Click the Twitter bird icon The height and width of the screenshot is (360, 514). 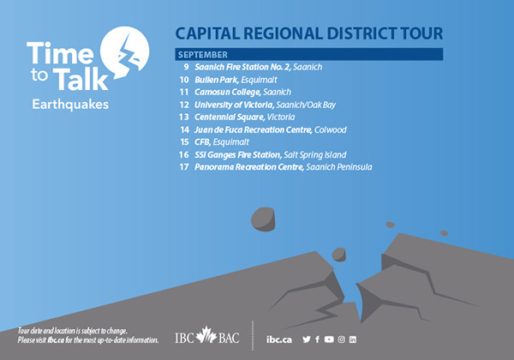point(307,339)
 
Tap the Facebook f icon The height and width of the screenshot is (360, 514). point(317,339)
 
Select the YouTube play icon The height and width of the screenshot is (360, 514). point(329,339)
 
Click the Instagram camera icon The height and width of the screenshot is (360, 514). point(342,339)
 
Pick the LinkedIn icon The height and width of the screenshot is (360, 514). point(353,339)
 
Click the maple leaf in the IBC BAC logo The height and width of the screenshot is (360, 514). point(206,335)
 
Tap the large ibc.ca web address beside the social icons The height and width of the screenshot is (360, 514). point(279,339)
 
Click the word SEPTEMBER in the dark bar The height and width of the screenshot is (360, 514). point(203,55)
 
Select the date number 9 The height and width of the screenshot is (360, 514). point(186,67)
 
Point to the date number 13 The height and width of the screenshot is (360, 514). point(184,117)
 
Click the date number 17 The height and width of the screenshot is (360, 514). point(184,167)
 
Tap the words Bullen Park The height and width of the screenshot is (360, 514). point(216,80)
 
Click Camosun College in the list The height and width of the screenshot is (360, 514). point(227,92)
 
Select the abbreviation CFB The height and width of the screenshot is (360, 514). point(202,142)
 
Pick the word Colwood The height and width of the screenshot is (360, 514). point(330,129)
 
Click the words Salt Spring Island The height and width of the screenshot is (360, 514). point(314,155)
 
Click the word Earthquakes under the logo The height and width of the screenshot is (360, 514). point(70,105)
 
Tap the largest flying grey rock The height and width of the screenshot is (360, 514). point(263,219)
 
